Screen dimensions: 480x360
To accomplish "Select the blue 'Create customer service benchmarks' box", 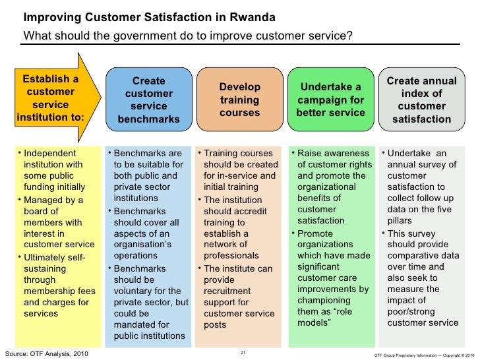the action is click(148, 100).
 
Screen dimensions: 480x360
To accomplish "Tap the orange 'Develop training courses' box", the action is click(240, 101).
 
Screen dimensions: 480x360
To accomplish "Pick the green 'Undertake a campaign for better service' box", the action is click(331, 100).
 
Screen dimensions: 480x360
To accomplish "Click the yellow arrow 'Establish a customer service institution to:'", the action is click(53, 100).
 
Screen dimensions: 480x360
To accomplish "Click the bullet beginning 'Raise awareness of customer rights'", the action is click(331, 187).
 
